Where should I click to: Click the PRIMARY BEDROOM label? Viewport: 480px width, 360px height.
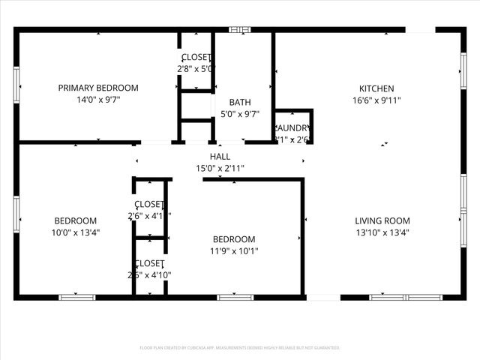pos(98,88)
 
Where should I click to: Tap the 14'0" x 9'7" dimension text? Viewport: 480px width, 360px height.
pos(98,99)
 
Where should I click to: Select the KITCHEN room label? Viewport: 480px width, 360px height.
pos(376,88)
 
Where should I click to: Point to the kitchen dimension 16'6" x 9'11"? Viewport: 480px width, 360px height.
pos(376,99)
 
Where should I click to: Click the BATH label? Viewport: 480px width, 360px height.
pos(240,103)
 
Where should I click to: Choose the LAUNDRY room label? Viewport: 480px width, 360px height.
pos(293,128)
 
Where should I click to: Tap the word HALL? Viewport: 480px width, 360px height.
pos(220,157)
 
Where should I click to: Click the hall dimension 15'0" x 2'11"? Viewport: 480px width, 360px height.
pos(220,168)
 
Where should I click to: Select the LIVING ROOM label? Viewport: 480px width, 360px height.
pos(382,220)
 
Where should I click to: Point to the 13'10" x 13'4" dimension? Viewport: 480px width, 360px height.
pos(382,232)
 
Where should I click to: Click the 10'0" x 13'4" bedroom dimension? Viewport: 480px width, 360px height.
pos(76,232)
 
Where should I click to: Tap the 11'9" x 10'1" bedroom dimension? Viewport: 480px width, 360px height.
pos(234,251)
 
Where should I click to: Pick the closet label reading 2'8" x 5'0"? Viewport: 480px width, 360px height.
pos(196,68)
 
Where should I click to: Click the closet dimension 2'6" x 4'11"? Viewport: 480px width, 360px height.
pos(149,216)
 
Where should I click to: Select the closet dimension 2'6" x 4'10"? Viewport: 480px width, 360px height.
pos(149,274)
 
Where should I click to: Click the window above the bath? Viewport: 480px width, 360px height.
pos(240,30)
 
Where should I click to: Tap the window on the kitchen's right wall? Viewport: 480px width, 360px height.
pos(463,72)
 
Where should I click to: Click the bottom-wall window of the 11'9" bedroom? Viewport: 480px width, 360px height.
pos(235,298)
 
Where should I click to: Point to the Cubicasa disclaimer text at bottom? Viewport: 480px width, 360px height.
pos(240,348)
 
